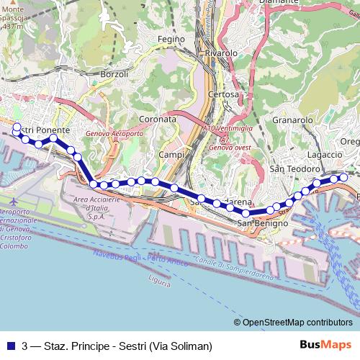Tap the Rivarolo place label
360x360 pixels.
(221, 53)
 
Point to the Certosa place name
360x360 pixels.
(222, 94)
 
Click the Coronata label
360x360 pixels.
(158, 118)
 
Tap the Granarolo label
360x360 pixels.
(293, 121)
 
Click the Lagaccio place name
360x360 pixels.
(324, 154)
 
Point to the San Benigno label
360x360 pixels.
(263, 223)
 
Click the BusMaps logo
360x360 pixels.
(325, 345)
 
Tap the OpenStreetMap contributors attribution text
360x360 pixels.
(297, 322)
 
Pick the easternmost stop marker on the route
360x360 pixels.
(343, 178)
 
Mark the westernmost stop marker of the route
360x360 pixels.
(17, 127)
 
